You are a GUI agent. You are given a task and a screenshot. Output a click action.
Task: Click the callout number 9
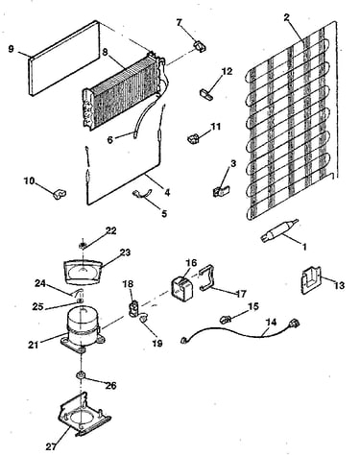click(x=12, y=49)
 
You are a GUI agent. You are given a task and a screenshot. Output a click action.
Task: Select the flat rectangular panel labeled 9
click(x=64, y=58)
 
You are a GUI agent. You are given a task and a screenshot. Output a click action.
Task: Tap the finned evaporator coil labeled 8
click(x=123, y=92)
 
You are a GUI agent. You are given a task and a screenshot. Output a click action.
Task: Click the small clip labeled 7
click(x=200, y=46)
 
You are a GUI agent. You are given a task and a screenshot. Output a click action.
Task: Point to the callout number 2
click(x=287, y=17)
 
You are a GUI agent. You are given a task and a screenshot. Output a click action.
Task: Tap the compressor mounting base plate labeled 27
click(x=84, y=414)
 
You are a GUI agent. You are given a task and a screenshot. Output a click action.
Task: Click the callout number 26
click(x=110, y=386)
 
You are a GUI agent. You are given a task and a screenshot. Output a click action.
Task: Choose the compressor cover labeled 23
click(x=84, y=272)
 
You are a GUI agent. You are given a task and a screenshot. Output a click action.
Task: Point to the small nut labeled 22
click(x=83, y=246)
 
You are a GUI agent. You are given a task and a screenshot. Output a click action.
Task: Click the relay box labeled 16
click(x=182, y=290)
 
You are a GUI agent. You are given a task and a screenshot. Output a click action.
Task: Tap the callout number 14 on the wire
click(x=271, y=323)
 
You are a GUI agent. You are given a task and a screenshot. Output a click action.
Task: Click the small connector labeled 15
click(x=226, y=319)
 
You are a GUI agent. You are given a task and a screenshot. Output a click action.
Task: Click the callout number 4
click(x=167, y=192)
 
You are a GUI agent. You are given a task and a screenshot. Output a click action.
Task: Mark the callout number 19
click(x=157, y=344)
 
